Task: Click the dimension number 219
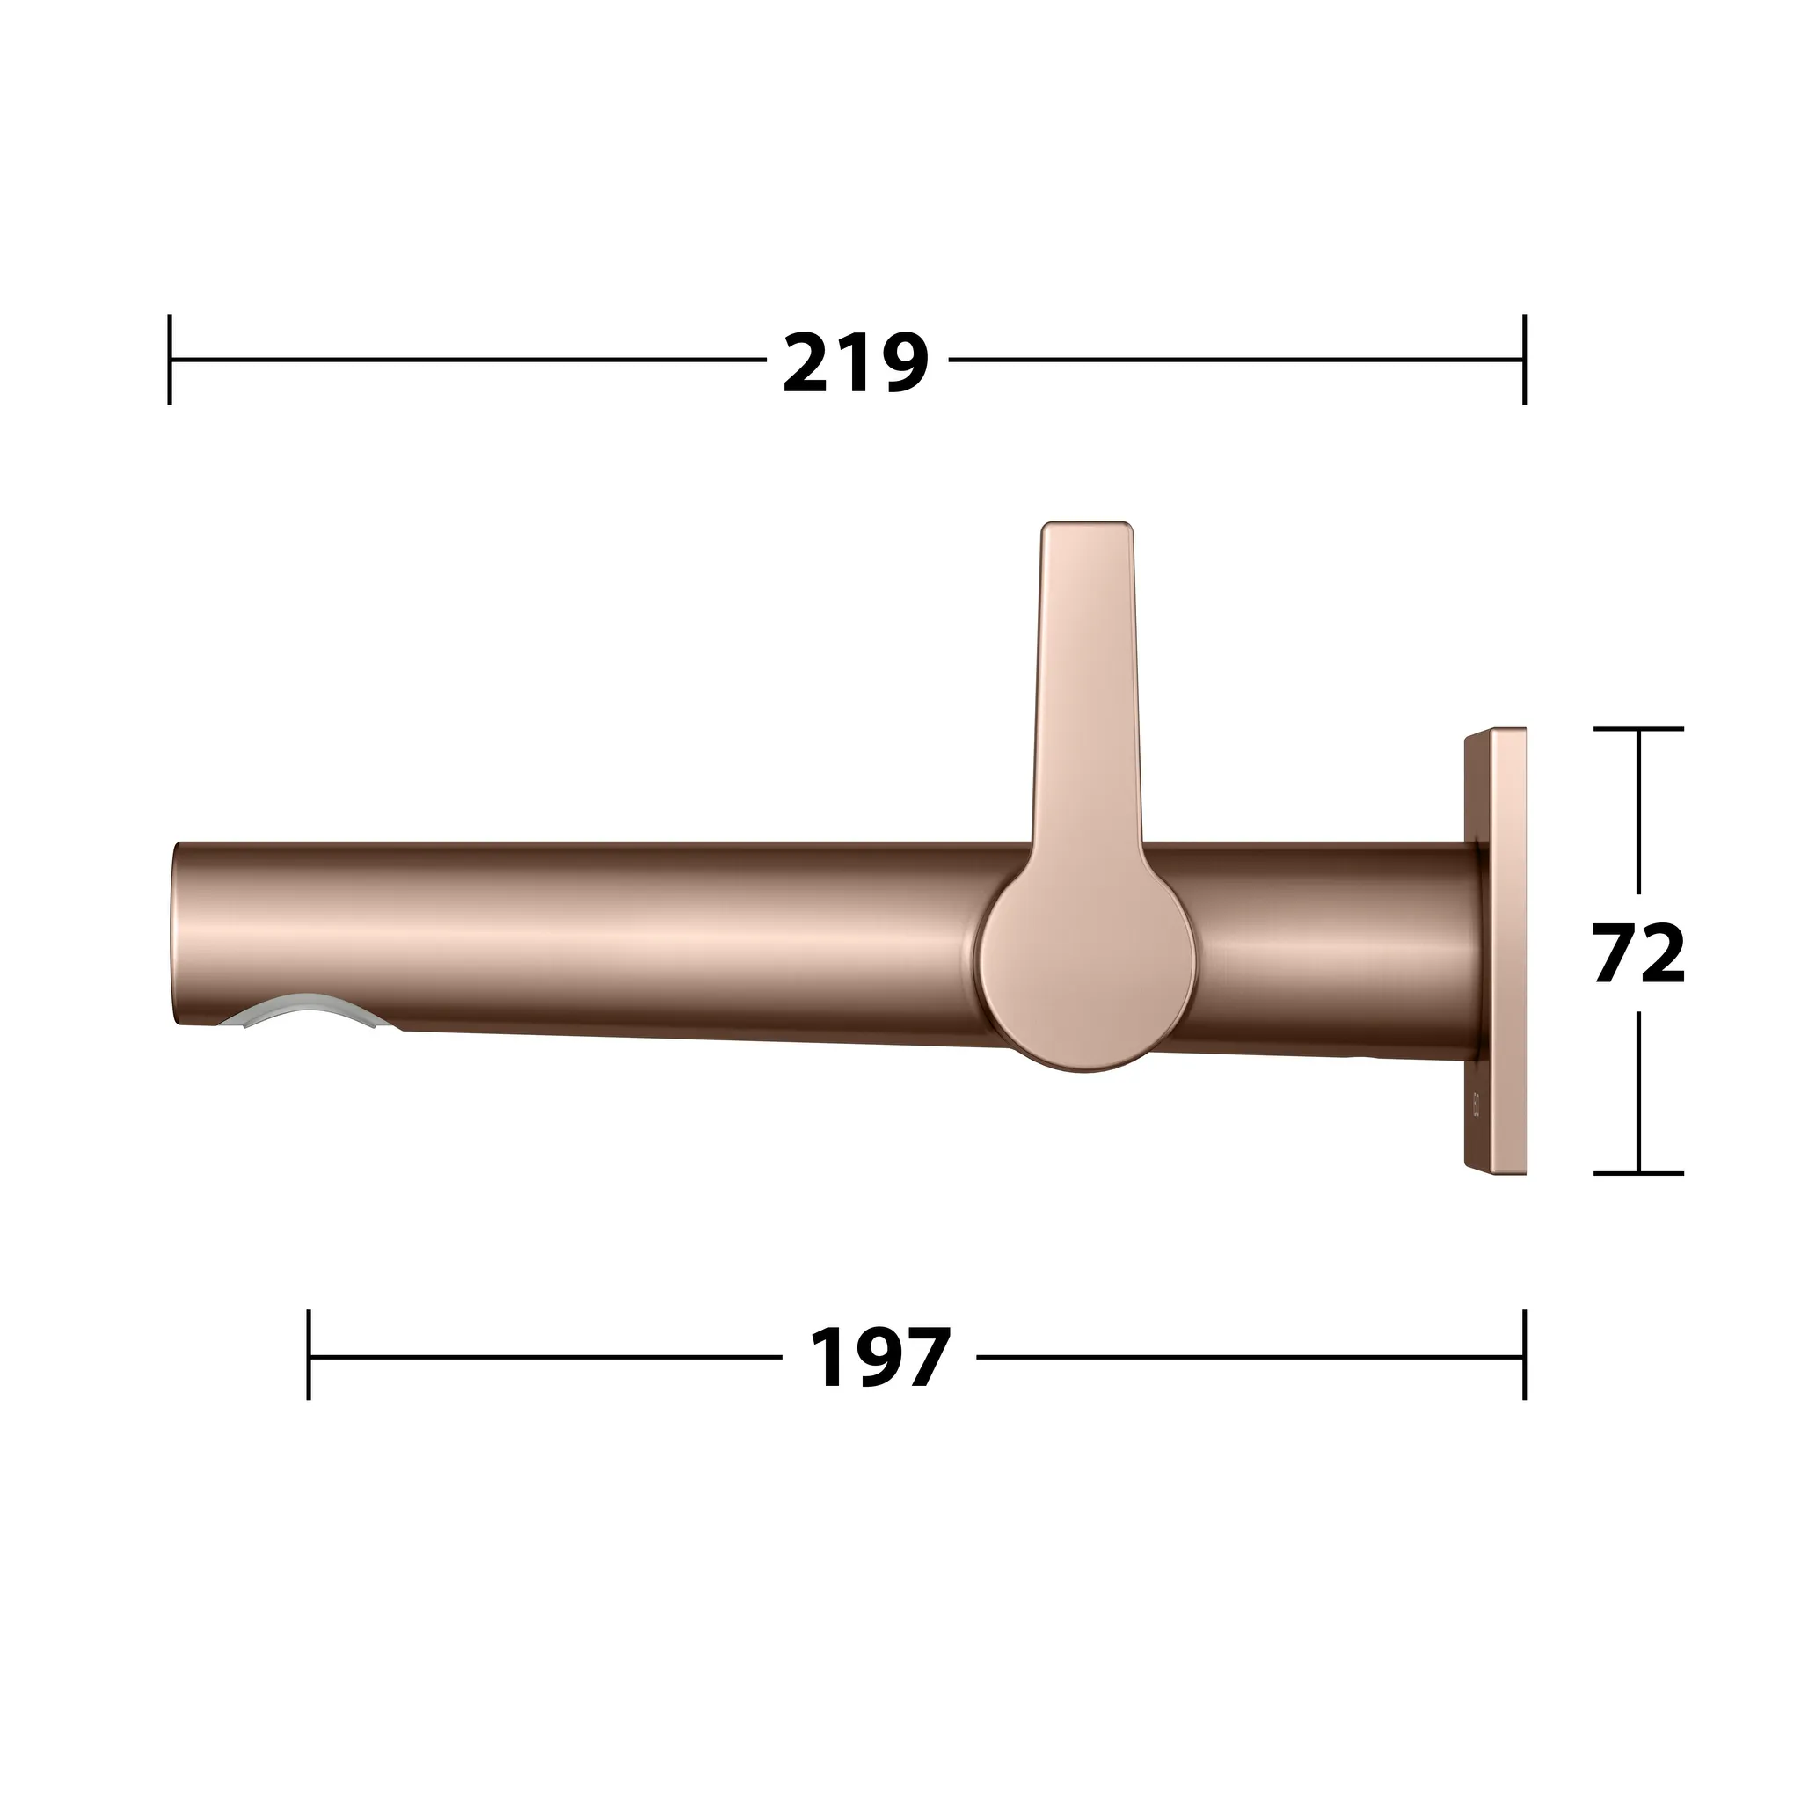pos(856,362)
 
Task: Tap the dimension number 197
pos(880,1358)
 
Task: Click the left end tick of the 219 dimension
pos(170,360)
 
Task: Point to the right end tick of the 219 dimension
pos(1524,360)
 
